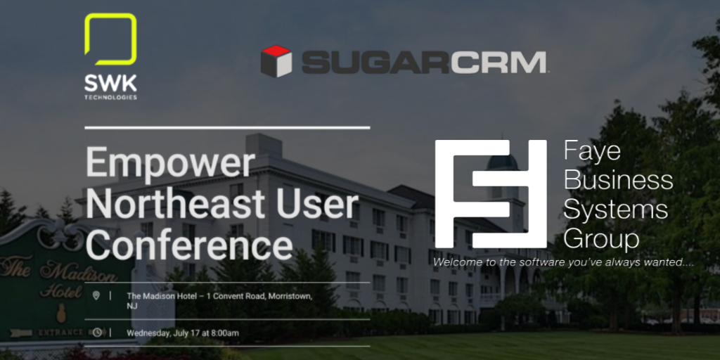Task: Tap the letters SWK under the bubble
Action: coord(110,84)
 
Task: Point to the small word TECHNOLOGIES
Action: coord(110,97)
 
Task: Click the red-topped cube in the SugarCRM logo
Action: coord(276,61)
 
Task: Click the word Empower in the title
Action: coord(170,164)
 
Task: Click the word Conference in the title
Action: coord(189,245)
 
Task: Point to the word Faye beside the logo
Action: coord(592,152)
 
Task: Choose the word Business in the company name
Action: coord(618,179)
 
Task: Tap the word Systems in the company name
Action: coord(616,210)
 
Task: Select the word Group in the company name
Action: coord(601,239)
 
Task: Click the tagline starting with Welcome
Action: coord(563,263)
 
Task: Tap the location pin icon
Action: coord(96,296)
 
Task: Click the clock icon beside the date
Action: coord(97,333)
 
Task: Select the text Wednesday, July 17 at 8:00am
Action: coord(183,333)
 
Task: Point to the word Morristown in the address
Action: coord(290,296)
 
